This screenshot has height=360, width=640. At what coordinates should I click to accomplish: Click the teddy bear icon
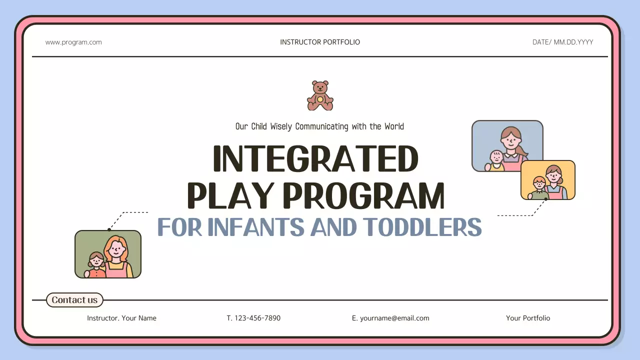[x=320, y=95]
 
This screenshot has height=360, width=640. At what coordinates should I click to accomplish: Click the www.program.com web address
[x=73, y=42]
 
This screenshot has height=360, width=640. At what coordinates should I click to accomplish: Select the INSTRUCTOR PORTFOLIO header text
[x=320, y=42]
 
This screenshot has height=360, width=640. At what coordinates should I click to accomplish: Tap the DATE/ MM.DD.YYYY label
[x=562, y=42]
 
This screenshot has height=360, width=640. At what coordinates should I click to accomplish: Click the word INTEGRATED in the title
[x=315, y=159]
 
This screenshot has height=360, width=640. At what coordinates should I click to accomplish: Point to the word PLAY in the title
[x=230, y=196]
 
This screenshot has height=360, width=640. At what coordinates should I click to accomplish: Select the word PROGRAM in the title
[x=363, y=196]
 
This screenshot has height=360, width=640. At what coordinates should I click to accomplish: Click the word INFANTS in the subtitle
[x=255, y=227]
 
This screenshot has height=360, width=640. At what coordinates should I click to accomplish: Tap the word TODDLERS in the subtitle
[x=422, y=227]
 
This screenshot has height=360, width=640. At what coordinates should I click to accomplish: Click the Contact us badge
[x=75, y=300]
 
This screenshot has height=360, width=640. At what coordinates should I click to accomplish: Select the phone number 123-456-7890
[x=257, y=318]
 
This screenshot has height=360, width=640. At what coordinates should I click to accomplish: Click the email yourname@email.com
[x=394, y=318]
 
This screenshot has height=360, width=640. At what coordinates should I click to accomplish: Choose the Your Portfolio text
[x=527, y=318]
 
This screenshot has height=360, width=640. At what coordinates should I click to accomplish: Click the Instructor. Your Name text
[x=121, y=318]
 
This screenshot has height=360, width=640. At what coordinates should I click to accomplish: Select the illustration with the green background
[x=107, y=254]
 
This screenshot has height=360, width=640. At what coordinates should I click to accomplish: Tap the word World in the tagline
[x=394, y=126]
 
